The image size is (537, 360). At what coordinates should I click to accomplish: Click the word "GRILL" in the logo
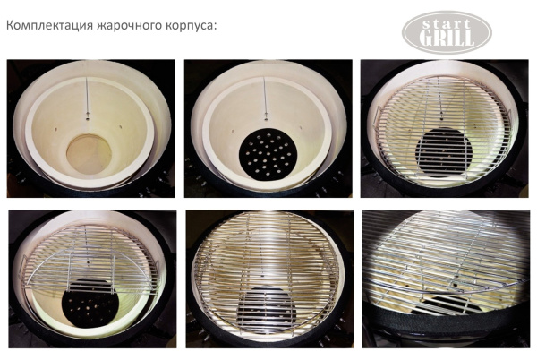[447, 38]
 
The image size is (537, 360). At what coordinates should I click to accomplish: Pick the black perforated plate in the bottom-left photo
[90, 304]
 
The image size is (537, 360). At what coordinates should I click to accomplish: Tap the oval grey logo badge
[447, 30]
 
